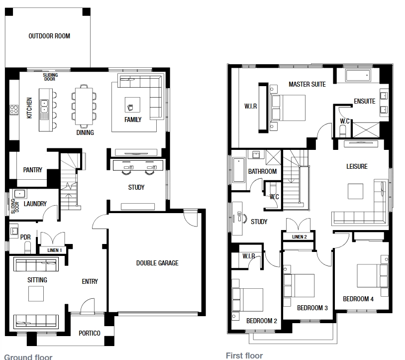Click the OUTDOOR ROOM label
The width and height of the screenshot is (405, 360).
(49, 36)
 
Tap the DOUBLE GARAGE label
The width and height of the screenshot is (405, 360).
(157, 263)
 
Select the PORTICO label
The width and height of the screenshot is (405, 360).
(90, 333)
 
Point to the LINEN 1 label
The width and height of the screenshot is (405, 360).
(55, 250)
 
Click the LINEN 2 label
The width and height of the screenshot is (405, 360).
(300, 237)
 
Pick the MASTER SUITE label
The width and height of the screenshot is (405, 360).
(307, 84)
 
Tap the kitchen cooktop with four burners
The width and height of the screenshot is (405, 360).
(14, 110)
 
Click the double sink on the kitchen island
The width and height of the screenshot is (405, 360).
(44, 106)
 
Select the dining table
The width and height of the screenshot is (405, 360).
(84, 106)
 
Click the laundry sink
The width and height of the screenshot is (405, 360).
(19, 194)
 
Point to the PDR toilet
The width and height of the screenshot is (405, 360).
(28, 247)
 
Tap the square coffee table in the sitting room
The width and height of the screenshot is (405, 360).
(36, 294)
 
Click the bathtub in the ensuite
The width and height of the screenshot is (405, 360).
(358, 76)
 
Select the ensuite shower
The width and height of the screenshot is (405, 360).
(366, 130)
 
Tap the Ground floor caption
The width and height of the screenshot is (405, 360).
(28, 357)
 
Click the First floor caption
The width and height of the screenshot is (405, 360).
(244, 356)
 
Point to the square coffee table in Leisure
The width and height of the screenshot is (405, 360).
(355, 191)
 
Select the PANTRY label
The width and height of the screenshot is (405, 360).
(32, 170)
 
